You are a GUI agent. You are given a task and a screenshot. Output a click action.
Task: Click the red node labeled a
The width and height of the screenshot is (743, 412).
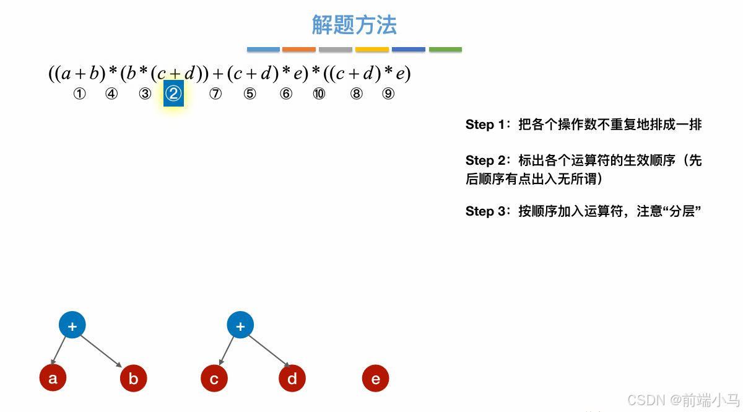(x=53, y=378)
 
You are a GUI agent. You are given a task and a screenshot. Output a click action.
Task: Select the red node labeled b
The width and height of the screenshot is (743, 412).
(x=133, y=379)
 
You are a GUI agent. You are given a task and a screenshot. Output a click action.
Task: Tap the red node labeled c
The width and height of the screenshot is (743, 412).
(x=214, y=379)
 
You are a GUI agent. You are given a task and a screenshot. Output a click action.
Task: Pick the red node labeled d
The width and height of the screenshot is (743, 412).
(x=292, y=379)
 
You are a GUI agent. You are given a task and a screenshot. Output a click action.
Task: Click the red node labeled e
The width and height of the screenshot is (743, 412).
(x=375, y=379)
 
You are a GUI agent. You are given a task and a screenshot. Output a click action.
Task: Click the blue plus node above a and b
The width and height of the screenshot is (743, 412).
(x=72, y=325)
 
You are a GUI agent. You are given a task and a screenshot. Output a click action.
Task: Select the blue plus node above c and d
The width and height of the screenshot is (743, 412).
(x=240, y=325)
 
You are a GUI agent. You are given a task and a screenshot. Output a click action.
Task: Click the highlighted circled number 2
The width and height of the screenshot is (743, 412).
(x=173, y=94)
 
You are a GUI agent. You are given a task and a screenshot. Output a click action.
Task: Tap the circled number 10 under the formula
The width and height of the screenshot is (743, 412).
(x=319, y=94)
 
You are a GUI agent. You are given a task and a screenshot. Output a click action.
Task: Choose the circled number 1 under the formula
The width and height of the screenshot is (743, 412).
(x=79, y=94)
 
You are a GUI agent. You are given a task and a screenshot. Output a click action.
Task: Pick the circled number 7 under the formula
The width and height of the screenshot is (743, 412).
(x=215, y=94)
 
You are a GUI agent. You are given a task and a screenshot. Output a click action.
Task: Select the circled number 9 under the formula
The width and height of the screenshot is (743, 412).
(x=388, y=94)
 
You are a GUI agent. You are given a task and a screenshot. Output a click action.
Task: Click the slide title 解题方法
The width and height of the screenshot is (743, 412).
(x=354, y=25)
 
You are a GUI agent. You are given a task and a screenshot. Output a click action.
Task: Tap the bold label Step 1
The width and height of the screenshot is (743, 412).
(x=485, y=125)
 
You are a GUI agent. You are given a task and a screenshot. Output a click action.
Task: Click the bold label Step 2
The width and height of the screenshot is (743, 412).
(x=485, y=160)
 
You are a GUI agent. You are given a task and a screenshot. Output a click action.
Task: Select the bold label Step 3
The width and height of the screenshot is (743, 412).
(x=485, y=211)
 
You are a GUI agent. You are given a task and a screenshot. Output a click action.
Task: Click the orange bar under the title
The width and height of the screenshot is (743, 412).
(x=298, y=50)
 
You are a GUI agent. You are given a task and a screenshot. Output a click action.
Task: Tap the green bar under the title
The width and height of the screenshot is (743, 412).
(x=445, y=50)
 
